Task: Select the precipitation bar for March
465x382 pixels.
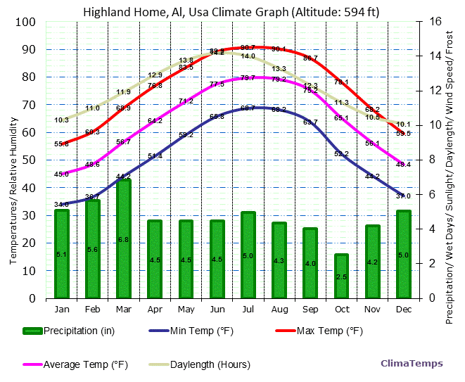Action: tap(124, 239)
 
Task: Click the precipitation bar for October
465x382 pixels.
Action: tap(341, 276)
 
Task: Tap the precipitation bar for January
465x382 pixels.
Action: tap(62, 254)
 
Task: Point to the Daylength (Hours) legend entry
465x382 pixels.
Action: tap(200, 364)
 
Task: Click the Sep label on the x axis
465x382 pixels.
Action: tap(310, 308)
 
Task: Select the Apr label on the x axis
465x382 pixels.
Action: tap(155, 308)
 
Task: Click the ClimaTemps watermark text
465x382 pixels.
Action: tap(412, 364)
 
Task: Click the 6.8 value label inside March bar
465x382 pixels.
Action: tap(124, 240)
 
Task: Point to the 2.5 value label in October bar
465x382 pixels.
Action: tap(341, 277)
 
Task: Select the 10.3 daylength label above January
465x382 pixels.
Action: tap(61, 120)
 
